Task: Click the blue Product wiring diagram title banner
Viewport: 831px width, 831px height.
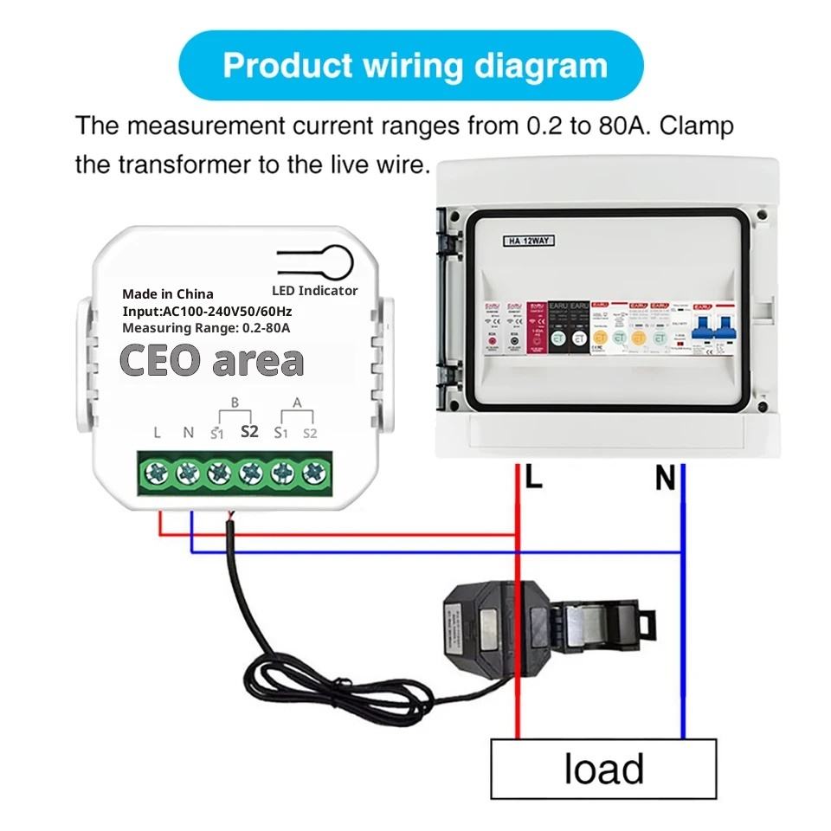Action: (415, 66)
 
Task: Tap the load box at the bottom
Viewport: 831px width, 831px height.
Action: (603, 769)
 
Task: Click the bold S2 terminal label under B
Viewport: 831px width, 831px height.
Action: (249, 431)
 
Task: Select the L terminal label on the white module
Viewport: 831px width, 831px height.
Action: (157, 432)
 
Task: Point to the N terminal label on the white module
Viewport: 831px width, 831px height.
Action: (188, 432)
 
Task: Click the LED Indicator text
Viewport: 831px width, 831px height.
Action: (314, 291)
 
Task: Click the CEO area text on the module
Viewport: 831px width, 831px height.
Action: (211, 361)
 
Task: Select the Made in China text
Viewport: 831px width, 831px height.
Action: (167, 294)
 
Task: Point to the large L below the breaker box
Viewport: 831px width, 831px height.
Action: (533, 477)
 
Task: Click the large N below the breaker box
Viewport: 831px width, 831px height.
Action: (665, 478)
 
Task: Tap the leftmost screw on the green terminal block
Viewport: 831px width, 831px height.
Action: (157, 473)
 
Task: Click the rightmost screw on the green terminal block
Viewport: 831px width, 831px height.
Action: (312, 473)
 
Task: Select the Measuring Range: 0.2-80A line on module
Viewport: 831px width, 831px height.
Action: (205, 328)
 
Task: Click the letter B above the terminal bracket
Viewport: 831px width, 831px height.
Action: (233, 403)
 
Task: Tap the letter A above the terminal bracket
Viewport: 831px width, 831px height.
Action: (297, 403)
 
